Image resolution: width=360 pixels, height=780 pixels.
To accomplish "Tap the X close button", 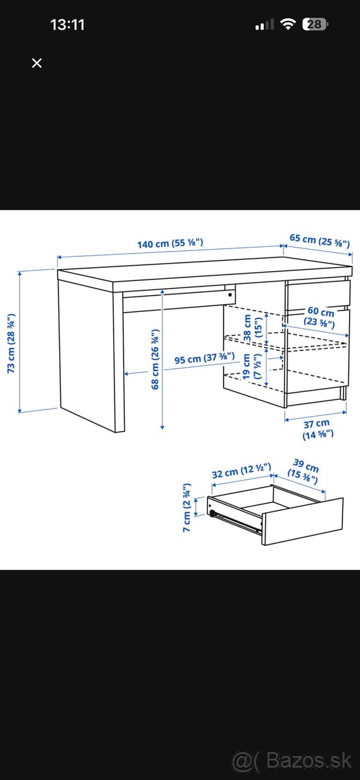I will (x=37, y=63).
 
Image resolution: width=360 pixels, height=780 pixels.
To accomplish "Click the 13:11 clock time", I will (x=68, y=25).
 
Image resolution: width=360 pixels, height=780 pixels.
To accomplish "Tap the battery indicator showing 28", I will (x=316, y=25).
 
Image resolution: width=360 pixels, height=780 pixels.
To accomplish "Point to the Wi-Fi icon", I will (x=287, y=25).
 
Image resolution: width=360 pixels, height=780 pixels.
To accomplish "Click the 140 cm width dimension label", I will (x=170, y=244).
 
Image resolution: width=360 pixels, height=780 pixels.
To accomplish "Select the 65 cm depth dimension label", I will (x=319, y=240).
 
